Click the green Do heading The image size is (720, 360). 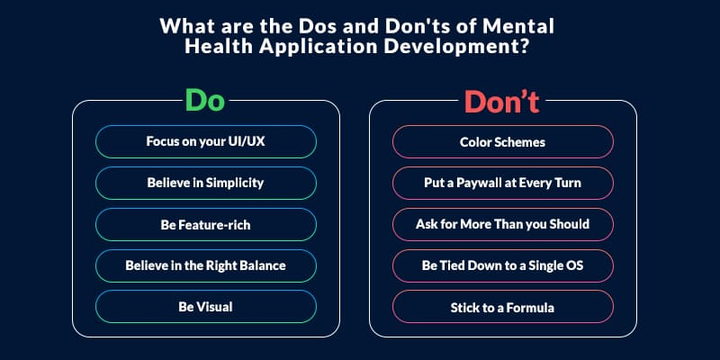coord(205,101)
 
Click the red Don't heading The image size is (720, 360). coord(501,102)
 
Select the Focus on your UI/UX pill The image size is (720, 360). coord(206,141)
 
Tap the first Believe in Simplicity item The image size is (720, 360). coord(206,183)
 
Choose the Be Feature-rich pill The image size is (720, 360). coord(206,224)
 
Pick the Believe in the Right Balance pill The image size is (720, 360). coord(206,265)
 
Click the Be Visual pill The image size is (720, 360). coord(206,307)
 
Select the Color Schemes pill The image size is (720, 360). coord(503,141)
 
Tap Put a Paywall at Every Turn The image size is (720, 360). coord(503,183)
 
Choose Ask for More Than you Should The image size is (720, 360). coord(503,224)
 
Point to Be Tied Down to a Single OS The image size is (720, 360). coord(503,265)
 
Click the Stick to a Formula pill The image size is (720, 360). coord(503,307)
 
